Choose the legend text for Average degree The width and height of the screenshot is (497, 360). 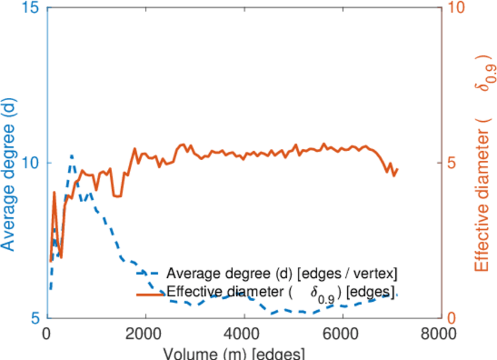click(282, 274)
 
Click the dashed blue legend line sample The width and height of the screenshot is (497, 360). click(150, 274)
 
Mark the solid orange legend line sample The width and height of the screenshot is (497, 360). click(150, 293)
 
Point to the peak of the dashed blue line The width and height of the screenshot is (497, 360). click(72, 155)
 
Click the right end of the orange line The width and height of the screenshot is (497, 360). click(397, 169)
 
